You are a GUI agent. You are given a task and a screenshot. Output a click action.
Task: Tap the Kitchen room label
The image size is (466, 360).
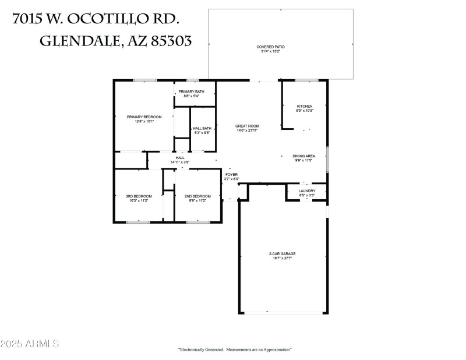[305, 106]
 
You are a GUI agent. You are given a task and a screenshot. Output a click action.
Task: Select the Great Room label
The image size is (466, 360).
[247, 126]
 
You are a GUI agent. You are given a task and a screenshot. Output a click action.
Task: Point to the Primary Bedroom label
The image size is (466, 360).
[143, 117]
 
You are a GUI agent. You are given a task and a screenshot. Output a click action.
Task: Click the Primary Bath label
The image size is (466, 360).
[191, 91]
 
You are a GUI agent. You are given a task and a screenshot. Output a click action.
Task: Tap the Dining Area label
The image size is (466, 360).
[303, 156]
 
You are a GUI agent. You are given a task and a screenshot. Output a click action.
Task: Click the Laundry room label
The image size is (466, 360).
[306, 190]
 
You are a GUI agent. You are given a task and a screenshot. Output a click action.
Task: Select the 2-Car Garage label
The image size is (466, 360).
[282, 254]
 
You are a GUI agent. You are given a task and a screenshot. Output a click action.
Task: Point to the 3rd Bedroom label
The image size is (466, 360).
[139, 196]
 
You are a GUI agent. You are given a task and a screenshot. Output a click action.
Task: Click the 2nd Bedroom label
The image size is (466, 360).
[197, 196]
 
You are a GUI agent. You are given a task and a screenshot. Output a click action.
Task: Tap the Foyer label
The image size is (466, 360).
[231, 174]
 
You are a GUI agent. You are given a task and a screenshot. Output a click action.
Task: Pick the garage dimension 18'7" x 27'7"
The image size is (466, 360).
[282, 258]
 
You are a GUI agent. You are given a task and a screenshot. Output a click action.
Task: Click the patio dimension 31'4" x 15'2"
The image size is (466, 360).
[270, 51]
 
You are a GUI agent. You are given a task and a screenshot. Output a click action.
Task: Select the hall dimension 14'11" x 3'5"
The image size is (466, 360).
[180, 161]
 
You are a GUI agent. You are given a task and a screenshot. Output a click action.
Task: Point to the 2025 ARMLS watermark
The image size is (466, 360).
[30, 344]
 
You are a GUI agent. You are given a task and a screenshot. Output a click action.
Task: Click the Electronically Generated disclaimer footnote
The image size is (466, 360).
[234, 350]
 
